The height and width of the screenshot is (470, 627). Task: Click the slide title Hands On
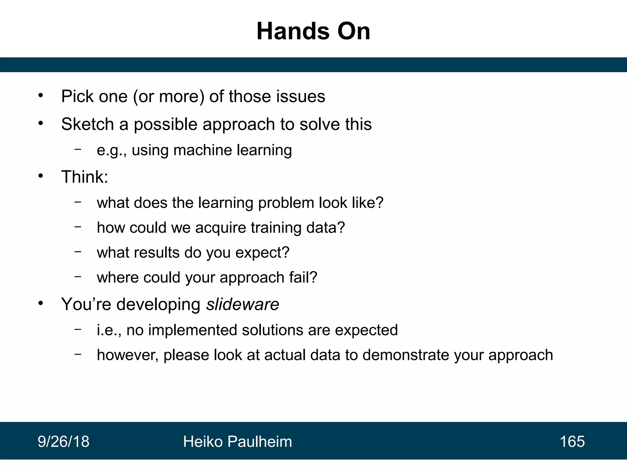pos(313,32)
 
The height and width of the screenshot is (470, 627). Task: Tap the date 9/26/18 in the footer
pos(63,442)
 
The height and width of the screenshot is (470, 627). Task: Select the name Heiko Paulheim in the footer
pos(237,442)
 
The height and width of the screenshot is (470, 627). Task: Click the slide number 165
pos(572,442)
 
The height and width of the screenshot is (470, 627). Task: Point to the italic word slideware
pos(242,304)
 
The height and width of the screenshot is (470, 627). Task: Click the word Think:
pos(84,177)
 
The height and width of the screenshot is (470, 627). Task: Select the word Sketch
pos(88,124)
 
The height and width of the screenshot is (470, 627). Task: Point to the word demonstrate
pos(406,355)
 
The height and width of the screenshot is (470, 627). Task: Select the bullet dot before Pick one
pos(41,96)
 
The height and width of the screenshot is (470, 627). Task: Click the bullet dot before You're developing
pos(41,303)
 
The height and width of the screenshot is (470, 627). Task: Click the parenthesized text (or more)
pos(169,97)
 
